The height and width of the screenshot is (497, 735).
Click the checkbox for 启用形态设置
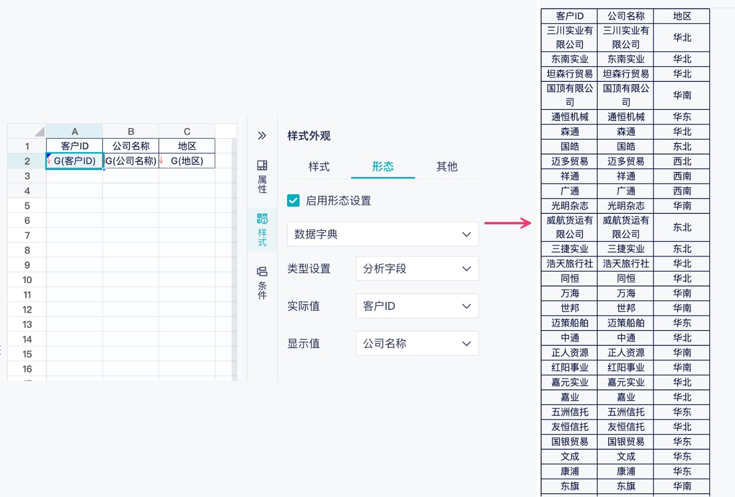pos(293,200)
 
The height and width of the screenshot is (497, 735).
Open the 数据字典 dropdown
pos(383,234)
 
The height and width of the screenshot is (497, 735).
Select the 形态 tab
pos(383,166)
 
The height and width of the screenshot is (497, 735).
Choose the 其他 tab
pos(447,166)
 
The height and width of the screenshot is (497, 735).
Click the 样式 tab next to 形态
pos(319,166)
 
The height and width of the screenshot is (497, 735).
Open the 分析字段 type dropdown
pos(417,268)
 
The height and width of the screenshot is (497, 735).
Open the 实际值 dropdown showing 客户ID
pos(417,306)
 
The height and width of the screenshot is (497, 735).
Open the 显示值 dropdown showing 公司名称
pos(417,343)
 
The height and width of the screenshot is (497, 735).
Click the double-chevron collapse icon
pos(262,136)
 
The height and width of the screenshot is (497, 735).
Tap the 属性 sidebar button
pos(262,177)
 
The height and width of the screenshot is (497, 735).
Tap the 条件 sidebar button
pos(262,282)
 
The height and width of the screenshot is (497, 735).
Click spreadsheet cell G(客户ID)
pos(74,161)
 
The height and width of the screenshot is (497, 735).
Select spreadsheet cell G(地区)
pos(187,161)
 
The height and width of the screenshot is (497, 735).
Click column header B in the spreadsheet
pos(131,131)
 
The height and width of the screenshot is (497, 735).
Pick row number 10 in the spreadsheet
pos(27,280)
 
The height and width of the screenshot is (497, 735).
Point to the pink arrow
pos(508,223)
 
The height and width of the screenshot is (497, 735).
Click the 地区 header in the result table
pos(682,16)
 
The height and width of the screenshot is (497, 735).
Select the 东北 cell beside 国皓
pos(682,147)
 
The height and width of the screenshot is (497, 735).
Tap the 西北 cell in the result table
pos(682,161)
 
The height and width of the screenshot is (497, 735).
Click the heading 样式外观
pos(309,136)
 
